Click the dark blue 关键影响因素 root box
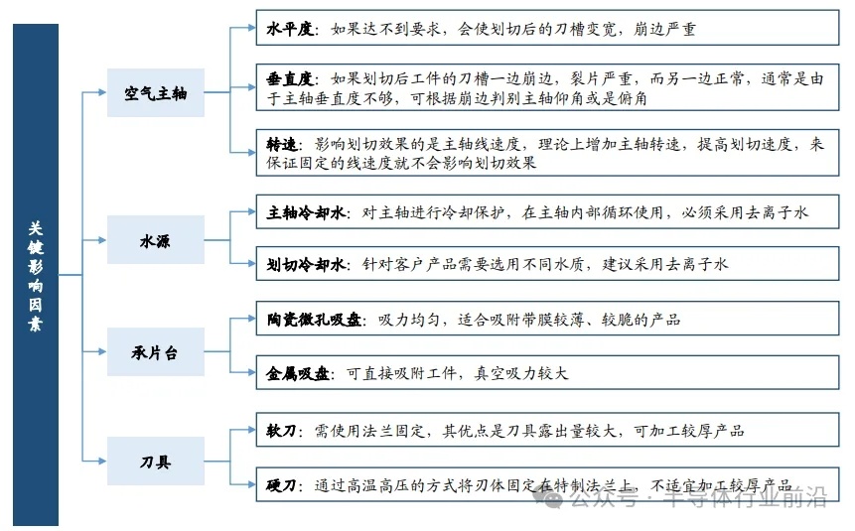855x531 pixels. click(x=36, y=275)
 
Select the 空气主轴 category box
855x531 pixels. click(x=156, y=93)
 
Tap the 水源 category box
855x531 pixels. click(x=156, y=240)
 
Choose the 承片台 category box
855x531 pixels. click(x=156, y=351)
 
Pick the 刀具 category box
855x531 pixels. click(x=156, y=462)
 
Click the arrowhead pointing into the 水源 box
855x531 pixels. click(x=102, y=240)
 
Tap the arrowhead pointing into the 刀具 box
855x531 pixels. click(x=102, y=462)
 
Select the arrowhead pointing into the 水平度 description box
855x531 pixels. click(x=250, y=30)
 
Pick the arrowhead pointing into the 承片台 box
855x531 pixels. click(x=102, y=351)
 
